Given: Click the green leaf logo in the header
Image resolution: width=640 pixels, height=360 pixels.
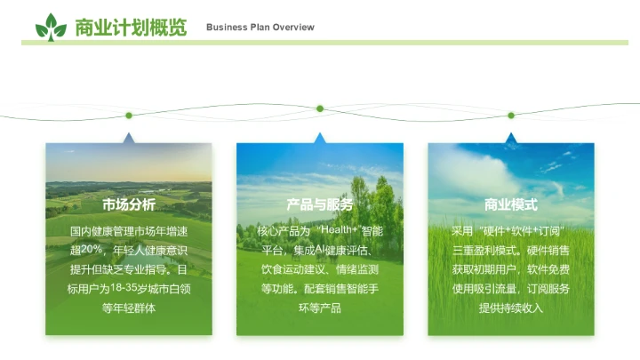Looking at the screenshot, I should [x=51, y=27].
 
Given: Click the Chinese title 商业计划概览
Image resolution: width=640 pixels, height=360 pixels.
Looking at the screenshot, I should [x=131, y=28].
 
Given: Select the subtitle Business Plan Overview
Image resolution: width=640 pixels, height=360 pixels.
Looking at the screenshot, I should [x=260, y=28].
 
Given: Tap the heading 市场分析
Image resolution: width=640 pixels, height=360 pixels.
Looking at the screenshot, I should [x=129, y=204].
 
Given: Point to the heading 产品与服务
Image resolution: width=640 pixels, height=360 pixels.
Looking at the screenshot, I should [x=320, y=204].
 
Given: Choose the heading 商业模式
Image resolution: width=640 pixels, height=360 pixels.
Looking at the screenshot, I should [x=511, y=204].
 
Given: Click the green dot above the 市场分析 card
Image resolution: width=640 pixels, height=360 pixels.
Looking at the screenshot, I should [x=129, y=115].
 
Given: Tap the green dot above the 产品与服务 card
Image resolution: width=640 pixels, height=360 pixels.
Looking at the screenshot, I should [x=320, y=108].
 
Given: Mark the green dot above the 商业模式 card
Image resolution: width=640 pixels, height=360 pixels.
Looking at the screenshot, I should [x=511, y=115].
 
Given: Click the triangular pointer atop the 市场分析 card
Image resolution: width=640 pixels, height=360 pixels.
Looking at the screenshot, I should [x=129, y=139].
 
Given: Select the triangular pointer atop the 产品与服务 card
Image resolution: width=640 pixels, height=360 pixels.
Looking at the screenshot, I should [x=320, y=139].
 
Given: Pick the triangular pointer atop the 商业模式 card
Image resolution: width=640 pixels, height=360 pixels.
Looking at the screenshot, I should [x=511, y=139].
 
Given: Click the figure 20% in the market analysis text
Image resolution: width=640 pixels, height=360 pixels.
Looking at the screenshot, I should [x=92, y=250].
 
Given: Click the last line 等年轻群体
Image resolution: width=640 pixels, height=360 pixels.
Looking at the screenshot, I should [x=129, y=308].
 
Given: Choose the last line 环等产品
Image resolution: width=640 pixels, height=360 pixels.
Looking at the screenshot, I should [x=320, y=308].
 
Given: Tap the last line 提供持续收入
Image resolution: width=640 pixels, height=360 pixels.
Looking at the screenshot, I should [x=511, y=308].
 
